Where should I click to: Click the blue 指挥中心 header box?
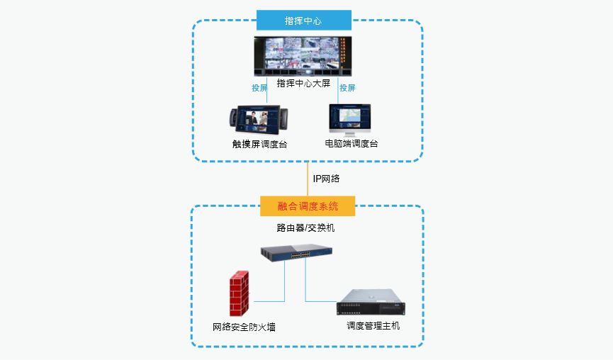pos(303,21)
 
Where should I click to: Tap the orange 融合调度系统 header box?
pos(307,206)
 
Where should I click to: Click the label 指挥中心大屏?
pos(303,84)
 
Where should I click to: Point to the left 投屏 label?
pos(259,88)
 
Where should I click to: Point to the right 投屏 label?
pos(347,88)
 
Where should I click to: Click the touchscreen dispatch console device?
pos(259,120)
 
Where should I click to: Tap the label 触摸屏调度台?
pos(259,144)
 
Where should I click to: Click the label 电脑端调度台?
pos(351,144)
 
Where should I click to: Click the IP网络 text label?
pos(326,179)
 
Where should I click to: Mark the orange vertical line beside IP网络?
pos(308,179)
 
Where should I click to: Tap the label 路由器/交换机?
pos(305,228)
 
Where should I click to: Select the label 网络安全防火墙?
pos(244,327)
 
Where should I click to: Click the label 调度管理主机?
pos(373,325)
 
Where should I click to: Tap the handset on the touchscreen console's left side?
pos(233,119)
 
